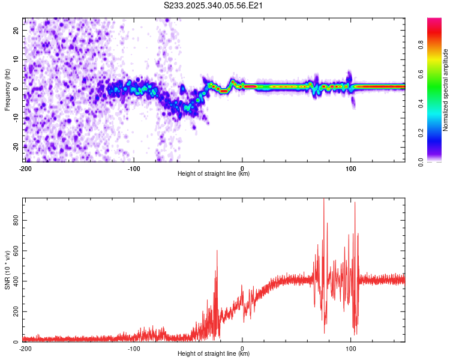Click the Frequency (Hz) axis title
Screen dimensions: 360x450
click(7, 89)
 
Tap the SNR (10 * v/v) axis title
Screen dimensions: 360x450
click(7, 269)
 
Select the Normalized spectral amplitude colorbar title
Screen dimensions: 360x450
click(446, 89)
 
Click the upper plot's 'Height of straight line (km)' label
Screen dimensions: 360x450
click(214, 173)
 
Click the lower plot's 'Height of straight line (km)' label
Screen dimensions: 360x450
click(214, 354)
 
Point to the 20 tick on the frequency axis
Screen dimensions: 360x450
click(16, 31)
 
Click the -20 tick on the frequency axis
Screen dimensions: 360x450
click(15, 146)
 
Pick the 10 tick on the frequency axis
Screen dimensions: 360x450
click(16, 60)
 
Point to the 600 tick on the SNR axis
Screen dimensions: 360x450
click(16, 250)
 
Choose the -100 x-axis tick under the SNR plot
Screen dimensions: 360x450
click(134, 349)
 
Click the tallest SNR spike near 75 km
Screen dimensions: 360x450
click(324, 200)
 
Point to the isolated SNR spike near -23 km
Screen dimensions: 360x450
click(217, 251)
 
